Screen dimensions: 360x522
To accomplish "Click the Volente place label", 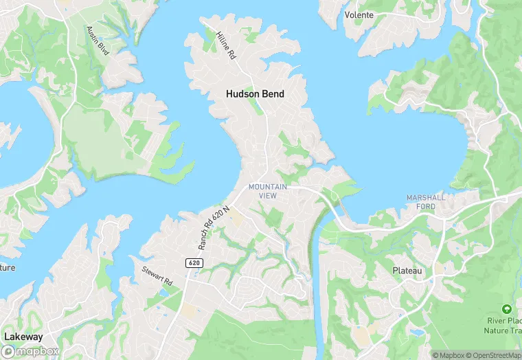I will pos(359,15).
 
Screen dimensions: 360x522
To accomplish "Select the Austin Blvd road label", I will pos(98,41).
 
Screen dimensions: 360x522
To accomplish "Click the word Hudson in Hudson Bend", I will pos(242,93).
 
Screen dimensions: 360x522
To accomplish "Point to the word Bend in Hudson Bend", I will pos(273,93).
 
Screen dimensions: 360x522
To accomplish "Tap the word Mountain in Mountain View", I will pos(267,187).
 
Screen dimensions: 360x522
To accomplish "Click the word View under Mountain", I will pos(267,196).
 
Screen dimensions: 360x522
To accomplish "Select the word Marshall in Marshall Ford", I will pos(426,197).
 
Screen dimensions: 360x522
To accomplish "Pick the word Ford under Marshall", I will pos(426,205).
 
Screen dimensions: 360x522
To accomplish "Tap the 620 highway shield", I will pos(194,263).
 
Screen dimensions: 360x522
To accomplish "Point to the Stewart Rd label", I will pos(157,277).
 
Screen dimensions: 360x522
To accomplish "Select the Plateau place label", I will pos(407,271).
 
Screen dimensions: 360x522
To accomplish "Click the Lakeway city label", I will pos(23,337).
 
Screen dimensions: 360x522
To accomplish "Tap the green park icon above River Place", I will pos(507,309).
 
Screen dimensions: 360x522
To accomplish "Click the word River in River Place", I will pos(497,321).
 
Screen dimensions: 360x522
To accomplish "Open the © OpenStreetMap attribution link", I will pos(492,355).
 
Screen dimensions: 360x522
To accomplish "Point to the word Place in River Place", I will pos(514,321).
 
